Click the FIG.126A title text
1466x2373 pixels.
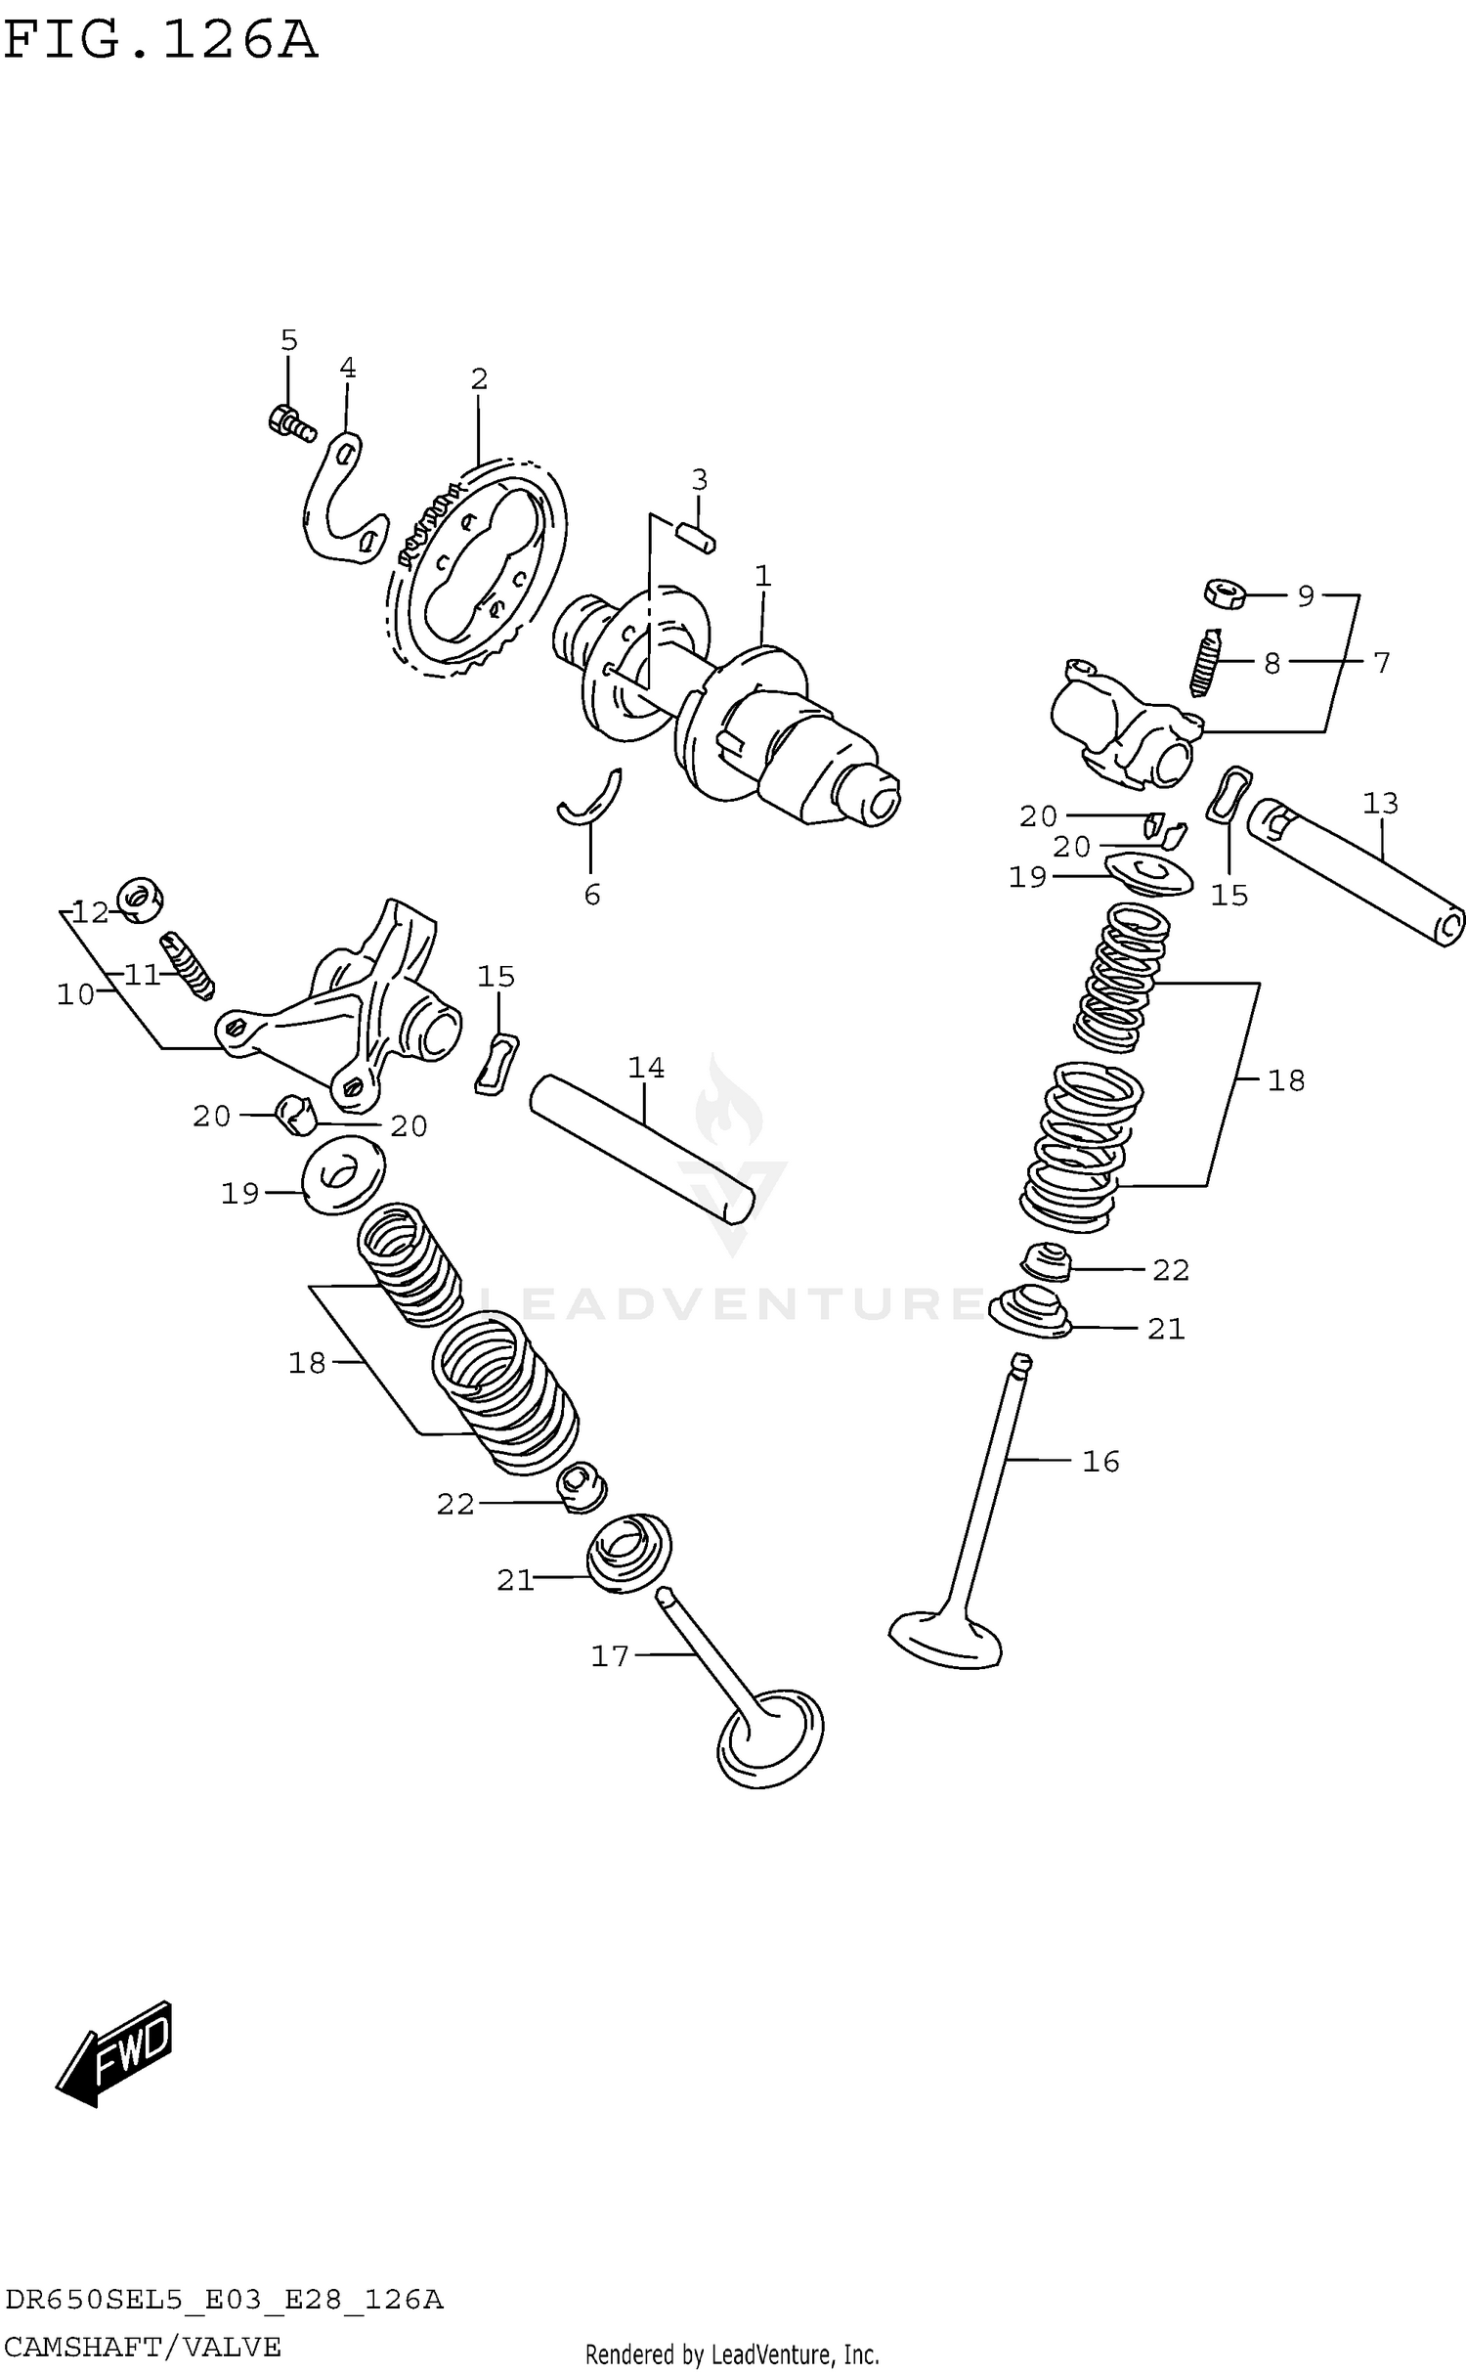click(160, 41)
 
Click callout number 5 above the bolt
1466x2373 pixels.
click(288, 340)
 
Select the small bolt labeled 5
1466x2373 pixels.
click(289, 422)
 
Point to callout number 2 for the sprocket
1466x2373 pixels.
click(478, 378)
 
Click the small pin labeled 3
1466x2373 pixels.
click(697, 536)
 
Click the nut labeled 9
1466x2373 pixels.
click(1224, 593)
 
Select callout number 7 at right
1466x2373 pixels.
click(1381, 663)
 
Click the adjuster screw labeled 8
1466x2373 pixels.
click(1208, 662)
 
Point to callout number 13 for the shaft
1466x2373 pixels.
click(1380, 803)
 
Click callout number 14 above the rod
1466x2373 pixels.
click(646, 1067)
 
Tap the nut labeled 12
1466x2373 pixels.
click(140, 899)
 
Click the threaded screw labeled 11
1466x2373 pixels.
click(189, 965)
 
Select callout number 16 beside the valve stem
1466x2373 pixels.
click(1100, 1461)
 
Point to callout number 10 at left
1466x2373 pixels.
click(75, 994)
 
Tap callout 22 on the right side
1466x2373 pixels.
click(1170, 1270)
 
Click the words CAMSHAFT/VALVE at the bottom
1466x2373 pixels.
click(143, 2348)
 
